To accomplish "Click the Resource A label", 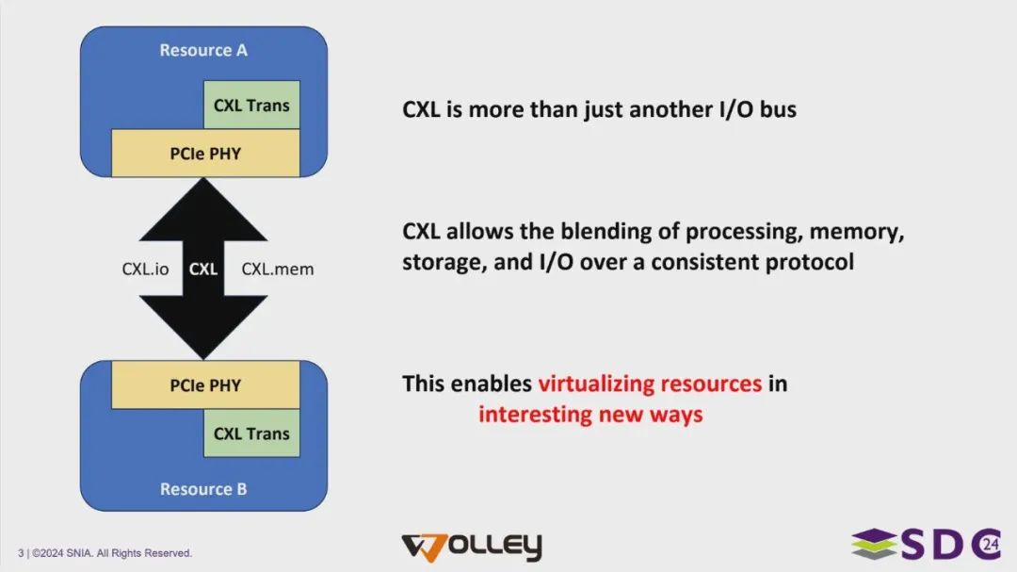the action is [203, 50].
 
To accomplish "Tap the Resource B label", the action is [203, 489].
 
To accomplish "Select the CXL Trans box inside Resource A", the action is [251, 105].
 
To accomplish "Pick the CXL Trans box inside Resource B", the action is [251, 433].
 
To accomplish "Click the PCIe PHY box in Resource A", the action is [205, 154].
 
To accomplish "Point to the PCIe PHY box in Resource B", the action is [205, 385].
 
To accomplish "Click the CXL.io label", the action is [145, 269].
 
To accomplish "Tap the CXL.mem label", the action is [278, 269].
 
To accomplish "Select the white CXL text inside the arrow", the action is [203, 269].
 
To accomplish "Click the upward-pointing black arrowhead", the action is [203, 211].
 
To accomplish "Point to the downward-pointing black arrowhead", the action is [203, 326].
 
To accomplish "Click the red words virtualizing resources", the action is [650, 384].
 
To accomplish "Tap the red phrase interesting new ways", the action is [590, 415].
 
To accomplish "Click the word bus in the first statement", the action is [778, 109].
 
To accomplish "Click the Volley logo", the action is [472, 547].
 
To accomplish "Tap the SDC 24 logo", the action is [927, 544].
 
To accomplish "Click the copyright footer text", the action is [105, 553].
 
